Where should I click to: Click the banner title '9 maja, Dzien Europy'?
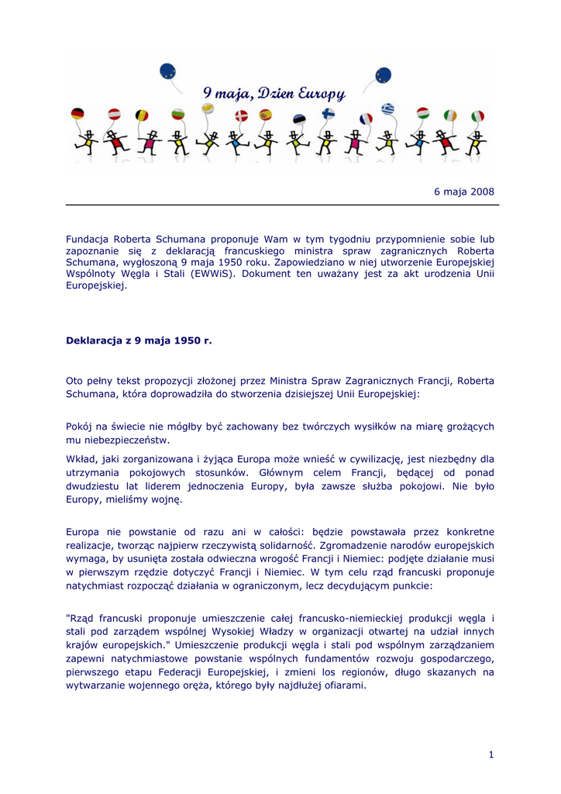274,94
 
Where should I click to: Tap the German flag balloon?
77,114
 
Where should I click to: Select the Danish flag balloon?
242,116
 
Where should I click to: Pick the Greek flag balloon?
387,109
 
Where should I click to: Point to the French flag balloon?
366,119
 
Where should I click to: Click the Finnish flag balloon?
329,114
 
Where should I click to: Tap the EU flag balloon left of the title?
167,72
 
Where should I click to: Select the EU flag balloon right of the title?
383,75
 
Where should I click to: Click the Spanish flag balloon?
265,116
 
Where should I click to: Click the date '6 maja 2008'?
463,192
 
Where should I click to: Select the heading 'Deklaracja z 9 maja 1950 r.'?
139,340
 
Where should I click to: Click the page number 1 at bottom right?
491,754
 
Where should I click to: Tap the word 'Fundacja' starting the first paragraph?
87,239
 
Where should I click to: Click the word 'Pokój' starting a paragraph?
81,426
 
